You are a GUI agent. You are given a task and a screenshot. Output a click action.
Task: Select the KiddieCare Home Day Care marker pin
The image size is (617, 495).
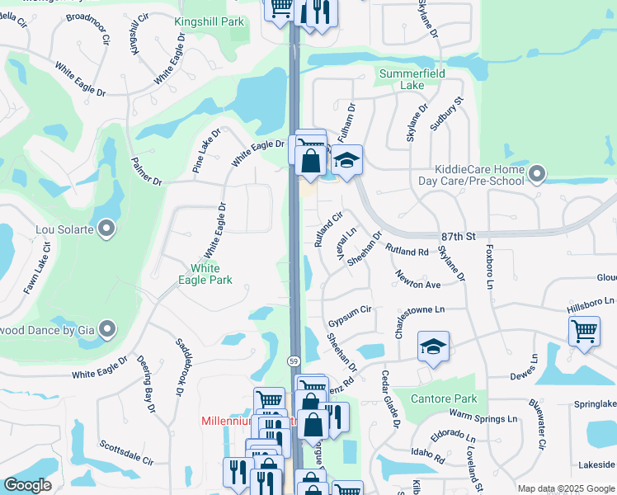tap(538, 174)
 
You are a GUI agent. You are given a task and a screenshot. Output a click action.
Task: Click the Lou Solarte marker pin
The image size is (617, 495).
tap(106, 229)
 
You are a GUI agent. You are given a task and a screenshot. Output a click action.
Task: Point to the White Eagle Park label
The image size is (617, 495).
tap(205, 274)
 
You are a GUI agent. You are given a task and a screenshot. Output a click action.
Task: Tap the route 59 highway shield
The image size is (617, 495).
tap(294, 361)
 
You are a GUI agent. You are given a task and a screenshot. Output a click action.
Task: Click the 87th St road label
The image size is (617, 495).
tap(459, 236)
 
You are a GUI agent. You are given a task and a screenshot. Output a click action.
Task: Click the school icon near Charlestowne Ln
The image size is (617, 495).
tap(432, 346)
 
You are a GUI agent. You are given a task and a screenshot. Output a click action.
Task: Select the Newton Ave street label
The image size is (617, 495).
tap(418, 280)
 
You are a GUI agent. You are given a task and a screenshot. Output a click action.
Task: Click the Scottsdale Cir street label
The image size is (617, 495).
tap(126, 450)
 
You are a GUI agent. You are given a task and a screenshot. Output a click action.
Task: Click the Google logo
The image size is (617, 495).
tap(27, 485)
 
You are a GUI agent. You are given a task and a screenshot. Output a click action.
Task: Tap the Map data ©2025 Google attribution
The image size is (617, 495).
tap(565, 488)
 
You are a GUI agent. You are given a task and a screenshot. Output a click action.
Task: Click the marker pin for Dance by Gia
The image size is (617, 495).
tap(106, 330)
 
